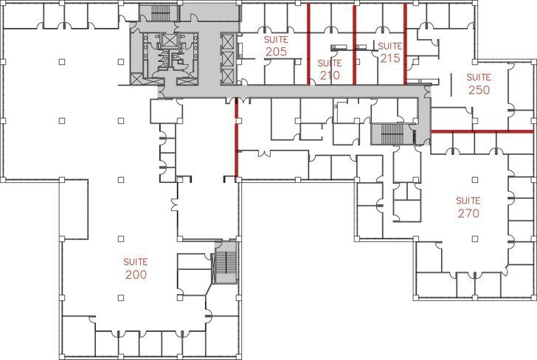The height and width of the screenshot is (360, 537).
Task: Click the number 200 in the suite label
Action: [x=136, y=274]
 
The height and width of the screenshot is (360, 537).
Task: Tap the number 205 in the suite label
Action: [x=275, y=52]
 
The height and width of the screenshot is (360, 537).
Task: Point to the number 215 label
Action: [x=390, y=58]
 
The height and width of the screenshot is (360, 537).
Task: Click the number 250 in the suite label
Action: [x=479, y=89]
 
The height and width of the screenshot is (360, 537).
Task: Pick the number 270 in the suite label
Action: [x=468, y=213]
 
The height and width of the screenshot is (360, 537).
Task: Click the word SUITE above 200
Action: [x=136, y=262]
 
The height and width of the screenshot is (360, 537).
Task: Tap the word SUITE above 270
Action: [x=468, y=201]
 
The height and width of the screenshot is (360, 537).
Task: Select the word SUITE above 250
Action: [x=479, y=77]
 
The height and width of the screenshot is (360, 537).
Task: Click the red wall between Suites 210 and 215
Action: [x=356, y=44]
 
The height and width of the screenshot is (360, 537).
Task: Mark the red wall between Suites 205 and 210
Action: [x=308, y=44]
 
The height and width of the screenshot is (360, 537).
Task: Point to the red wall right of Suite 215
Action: [x=405, y=44]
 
